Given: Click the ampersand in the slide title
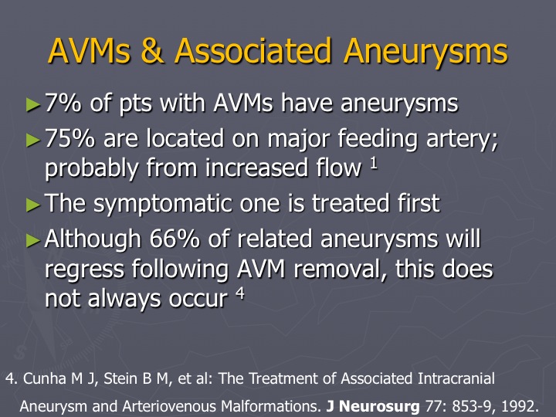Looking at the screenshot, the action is [x=152, y=51].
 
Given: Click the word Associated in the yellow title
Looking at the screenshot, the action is [x=253, y=50].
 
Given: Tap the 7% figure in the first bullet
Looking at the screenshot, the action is [x=63, y=103].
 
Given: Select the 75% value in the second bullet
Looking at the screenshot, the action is [x=69, y=138].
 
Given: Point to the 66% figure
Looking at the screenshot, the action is [x=175, y=239].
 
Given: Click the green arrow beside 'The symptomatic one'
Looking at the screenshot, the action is [x=33, y=205].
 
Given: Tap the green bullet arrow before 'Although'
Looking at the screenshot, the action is [x=33, y=240].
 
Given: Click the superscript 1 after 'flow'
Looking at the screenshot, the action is [x=374, y=164].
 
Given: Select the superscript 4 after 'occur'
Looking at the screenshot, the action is [x=240, y=293].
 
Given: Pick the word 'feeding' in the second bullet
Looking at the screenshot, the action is [x=378, y=139].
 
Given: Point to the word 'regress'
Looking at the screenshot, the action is [x=84, y=270].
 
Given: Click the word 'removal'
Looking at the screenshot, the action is [x=340, y=269].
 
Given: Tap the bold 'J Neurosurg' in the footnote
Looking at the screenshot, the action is [x=373, y=406].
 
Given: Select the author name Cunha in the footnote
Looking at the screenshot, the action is [x=45, y=378].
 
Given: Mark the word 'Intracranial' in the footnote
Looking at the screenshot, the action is [x=456, y=378].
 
